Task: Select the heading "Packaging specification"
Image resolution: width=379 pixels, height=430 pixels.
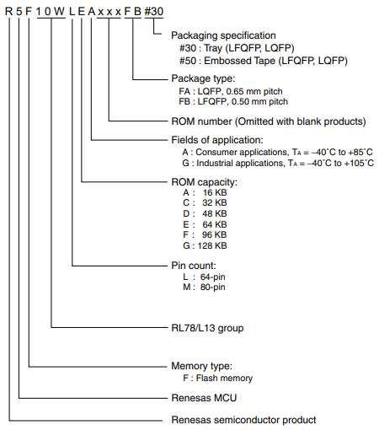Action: point(223,35)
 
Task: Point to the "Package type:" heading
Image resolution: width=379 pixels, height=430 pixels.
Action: point(202,78)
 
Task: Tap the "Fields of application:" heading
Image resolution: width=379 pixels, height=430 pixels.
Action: point(217,139)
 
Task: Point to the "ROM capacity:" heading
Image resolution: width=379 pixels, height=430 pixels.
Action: point(204,181)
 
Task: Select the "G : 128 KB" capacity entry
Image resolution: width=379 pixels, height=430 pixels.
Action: point(205,245)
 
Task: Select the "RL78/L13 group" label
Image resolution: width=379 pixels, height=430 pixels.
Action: point(210,326)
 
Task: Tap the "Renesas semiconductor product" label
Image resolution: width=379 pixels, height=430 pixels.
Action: point(243,420)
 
